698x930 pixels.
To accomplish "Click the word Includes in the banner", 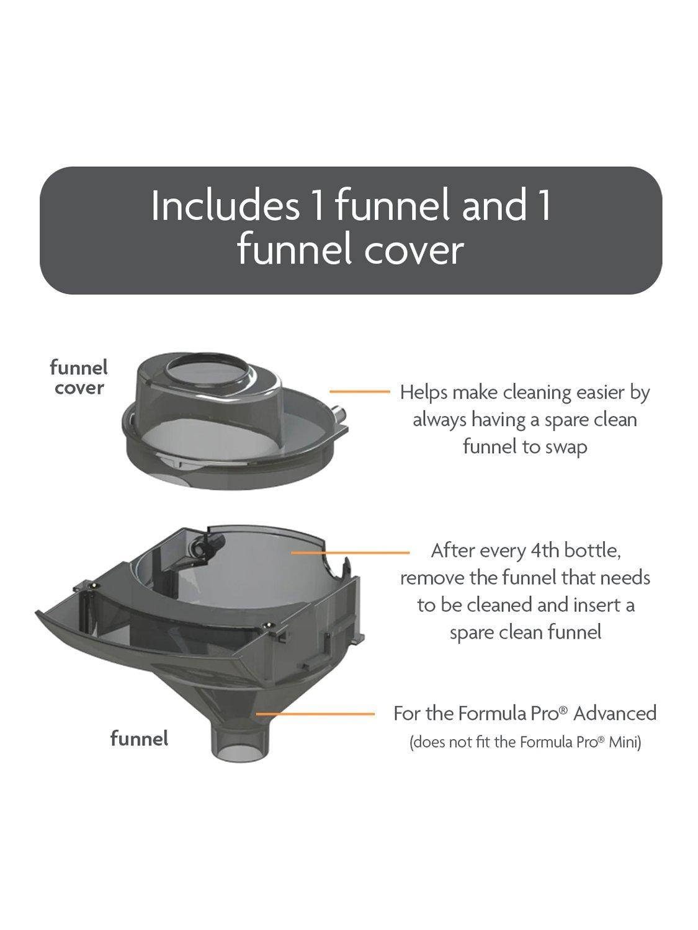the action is point(225,205).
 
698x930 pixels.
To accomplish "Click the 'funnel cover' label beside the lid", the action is point(79,378).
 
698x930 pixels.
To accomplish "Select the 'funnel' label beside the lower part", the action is point(139,738).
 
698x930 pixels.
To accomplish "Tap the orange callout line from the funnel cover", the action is point(359,392).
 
